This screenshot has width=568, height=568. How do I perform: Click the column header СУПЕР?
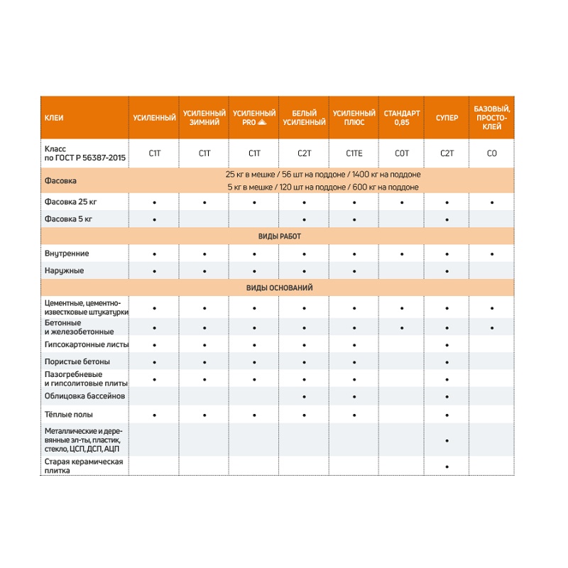[447, 118]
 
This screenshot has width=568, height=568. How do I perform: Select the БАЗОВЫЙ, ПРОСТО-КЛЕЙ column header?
[491, 118]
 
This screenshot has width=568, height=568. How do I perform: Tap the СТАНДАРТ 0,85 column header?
[402, 118]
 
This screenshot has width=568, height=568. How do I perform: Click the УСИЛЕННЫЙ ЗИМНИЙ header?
[204, 118]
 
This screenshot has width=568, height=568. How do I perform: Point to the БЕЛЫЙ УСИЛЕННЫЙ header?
[304, 118]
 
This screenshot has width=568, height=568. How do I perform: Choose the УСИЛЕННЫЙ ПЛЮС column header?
[354, 118]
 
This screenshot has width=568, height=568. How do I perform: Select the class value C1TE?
[354, 153]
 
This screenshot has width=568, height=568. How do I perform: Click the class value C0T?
[402, 153]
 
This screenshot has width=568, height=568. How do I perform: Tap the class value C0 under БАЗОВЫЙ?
[491, 153]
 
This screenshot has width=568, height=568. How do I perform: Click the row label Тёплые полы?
[69, 415]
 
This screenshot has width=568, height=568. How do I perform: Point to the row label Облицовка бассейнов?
[76, 396]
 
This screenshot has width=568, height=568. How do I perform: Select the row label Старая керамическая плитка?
[84, 466]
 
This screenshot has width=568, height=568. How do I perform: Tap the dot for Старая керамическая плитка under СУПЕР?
[447, 466]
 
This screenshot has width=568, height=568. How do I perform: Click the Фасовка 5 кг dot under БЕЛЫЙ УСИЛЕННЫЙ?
[304, 220]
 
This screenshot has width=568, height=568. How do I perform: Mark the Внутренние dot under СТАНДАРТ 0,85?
[402, 253]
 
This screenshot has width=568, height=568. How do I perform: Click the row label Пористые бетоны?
[72, 362]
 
